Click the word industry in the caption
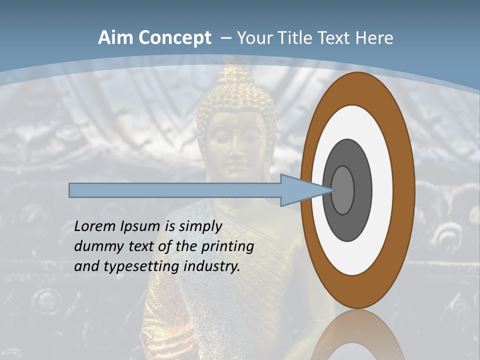(212, 266)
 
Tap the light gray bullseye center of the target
(343, 190)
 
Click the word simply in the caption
(199, 226)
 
